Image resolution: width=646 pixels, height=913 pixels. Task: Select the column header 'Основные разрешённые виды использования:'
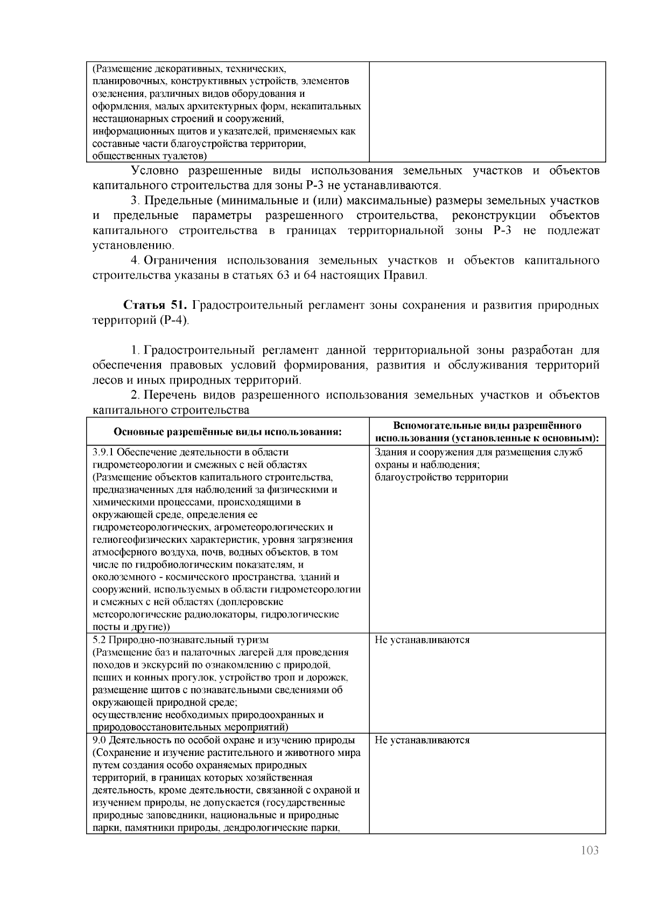pos(228,432)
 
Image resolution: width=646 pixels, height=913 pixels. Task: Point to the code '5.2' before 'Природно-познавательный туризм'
pos(99,640)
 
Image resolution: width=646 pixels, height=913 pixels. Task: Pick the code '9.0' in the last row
pos(99,740)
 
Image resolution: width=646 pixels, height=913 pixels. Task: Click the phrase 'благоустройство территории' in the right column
pos(441,477)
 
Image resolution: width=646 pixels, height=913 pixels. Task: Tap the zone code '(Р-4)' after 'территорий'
pos(174,321)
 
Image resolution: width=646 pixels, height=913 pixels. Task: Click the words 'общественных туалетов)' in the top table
pos(150,157)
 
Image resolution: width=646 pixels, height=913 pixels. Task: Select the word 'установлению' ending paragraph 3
pos(132,246)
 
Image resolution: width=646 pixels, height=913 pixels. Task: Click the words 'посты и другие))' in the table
pos(131,627)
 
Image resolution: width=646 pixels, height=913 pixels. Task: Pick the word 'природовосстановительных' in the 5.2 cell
pos(148,727)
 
